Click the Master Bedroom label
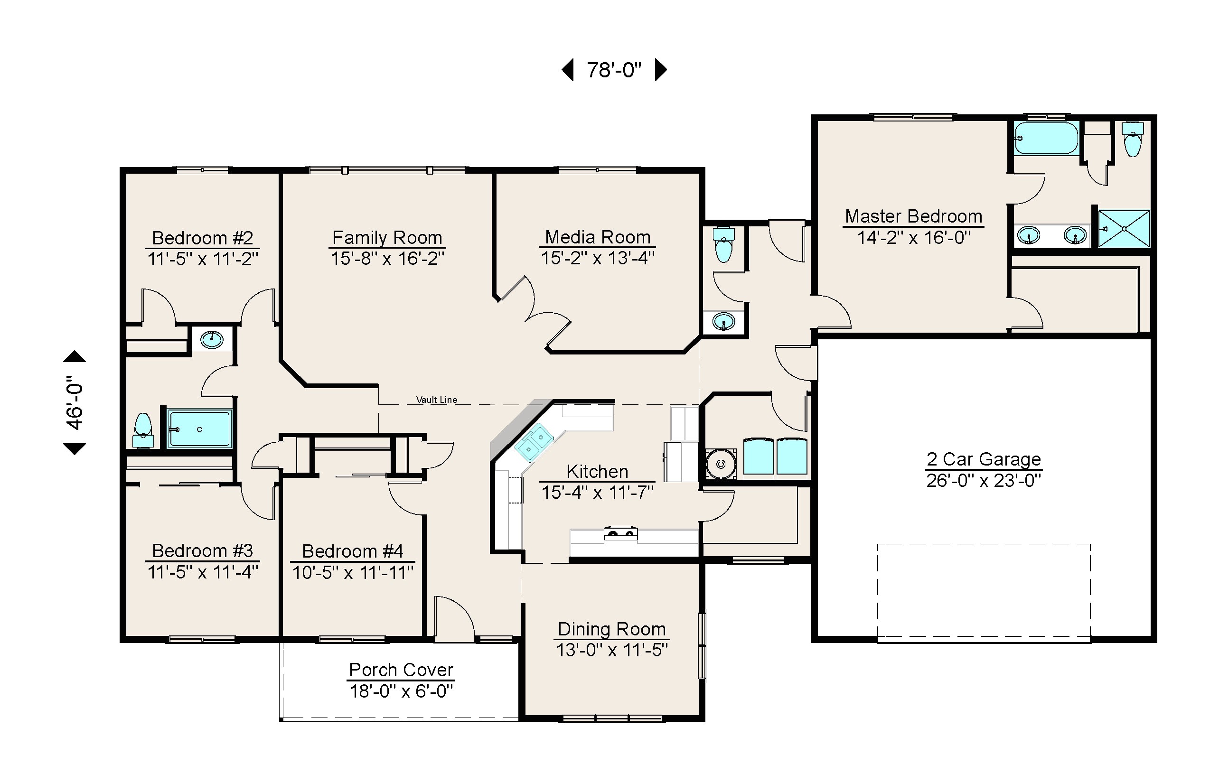pos(913,216)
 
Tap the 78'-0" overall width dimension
pos(614,70)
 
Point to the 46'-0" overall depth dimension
pos(75,403)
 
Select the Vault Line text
pos(436,400)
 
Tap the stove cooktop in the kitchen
pos(620,533)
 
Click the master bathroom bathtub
pos(1046,138)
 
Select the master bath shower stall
pos(1124,229)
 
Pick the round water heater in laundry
pos(721,464)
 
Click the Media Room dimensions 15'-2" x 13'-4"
pos(597,258)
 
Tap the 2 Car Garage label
pos(984,459)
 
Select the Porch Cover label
pos(401,670)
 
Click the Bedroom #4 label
pos(352,551)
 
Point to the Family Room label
pos(387,237)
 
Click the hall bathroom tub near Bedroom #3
pos(200,429)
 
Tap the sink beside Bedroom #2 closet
pos(212,339)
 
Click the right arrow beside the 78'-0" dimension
pos(660,70)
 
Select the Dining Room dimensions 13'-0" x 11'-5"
pos(611,650)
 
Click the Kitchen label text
pos(597,471)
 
